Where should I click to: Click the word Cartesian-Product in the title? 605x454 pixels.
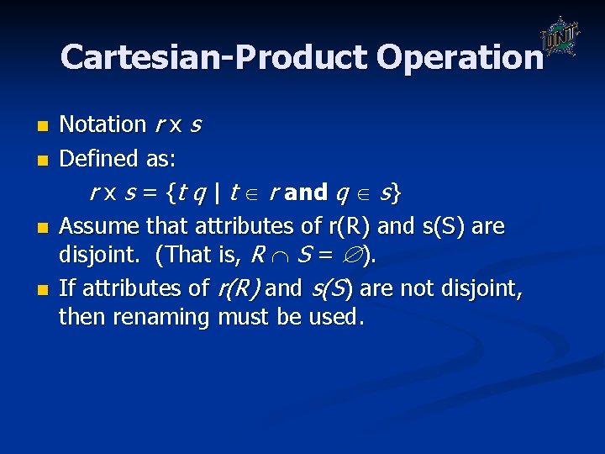214,57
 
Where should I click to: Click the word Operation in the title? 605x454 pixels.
460,57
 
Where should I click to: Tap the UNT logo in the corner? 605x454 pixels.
558,37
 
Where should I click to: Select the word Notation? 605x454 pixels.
103,124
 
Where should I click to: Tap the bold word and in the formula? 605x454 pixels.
306,193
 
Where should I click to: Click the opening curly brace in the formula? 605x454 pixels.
171,193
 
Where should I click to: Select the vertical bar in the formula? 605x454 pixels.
217,193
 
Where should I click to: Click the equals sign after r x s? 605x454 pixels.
155,193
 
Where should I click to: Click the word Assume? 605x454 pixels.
99,225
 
